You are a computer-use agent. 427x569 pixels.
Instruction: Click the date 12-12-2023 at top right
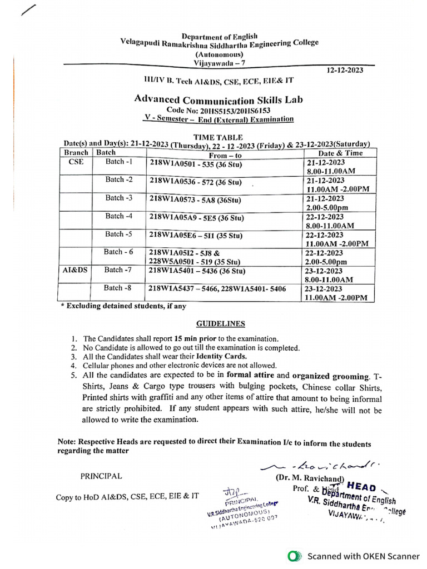pos(344,70)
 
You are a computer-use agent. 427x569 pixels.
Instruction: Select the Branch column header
pos(76,152)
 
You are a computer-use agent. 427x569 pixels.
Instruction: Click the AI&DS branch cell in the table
pos(76,270)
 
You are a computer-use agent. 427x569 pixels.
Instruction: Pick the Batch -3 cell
pos(119,198)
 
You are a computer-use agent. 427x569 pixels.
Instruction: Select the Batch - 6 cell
pos(119,252)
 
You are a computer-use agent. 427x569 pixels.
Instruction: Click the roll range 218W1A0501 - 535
pos(197,164)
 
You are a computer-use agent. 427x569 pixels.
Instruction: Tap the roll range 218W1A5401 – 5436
pos(197,271)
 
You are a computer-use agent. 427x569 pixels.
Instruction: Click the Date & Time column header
pos(340,153)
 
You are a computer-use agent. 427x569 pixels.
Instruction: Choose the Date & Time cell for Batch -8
pos(336,293)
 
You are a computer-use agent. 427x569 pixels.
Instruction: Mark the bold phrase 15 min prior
pos(196,338)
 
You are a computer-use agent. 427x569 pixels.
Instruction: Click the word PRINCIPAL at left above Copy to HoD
pos(101,476)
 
